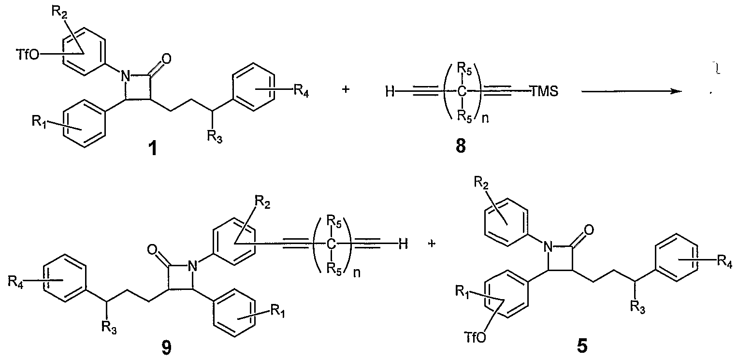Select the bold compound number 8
click(x=461, y=146)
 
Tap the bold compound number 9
click(x=167, y=347)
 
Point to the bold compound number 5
click(x=582, y=346)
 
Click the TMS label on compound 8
click(x=545, y=91)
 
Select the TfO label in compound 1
click(x=28, y=55)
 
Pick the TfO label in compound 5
click(x=475, y=337)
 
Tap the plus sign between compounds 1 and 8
click(x=346, y=89)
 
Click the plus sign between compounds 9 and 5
click(x=432, y=244)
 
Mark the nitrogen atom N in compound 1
click(x=125, y=77)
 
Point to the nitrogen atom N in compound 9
click(x=192, y=266)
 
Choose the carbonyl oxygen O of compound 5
click(x=589, y=230)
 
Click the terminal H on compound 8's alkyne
click(x=390, y=91)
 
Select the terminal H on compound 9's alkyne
click(x=403, y=244)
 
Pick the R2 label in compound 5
click(x=481, y=183)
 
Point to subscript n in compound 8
click(x=485, y=118)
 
